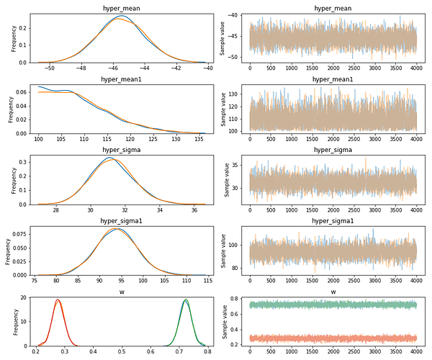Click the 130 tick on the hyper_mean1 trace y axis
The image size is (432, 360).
pos(239,94)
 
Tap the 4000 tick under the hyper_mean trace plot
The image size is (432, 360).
pos(415,69)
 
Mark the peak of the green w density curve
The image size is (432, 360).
pos(186,300)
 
